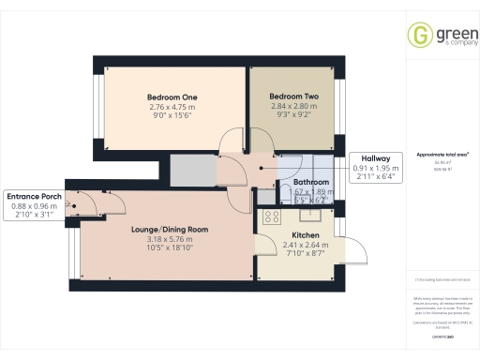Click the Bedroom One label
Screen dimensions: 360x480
tap(172, 97)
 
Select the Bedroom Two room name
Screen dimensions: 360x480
tap(293, 97)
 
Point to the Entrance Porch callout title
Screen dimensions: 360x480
tap(33, 197)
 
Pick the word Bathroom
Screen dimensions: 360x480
tap(311, 182)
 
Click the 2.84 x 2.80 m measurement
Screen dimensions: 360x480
tap(293, 107)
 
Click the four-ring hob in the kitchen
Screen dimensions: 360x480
tap(271, 217)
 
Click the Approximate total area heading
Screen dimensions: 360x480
tap(442, 154)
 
